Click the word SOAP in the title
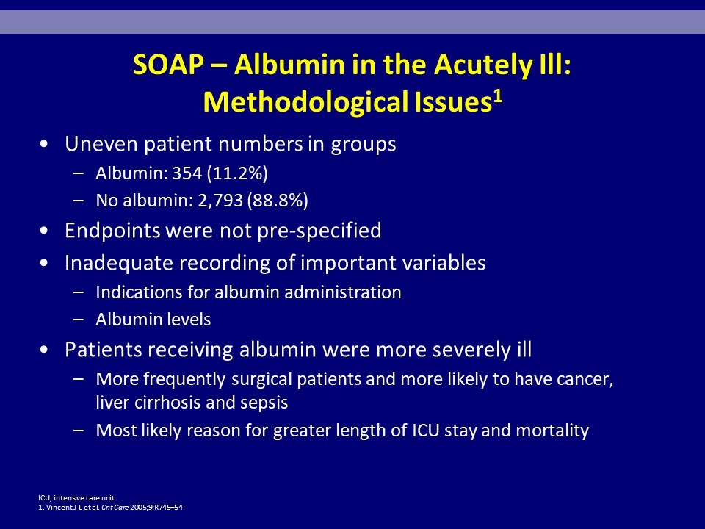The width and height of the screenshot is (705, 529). point(169,65)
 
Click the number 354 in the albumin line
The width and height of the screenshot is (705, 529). point(187,173)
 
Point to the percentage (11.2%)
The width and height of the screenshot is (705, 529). point(237,173)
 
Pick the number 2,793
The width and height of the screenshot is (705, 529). point(220,201)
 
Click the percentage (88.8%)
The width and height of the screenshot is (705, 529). point(278,201)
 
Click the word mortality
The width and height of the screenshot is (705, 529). point(552,431)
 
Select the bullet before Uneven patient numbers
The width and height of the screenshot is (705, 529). point(43,145)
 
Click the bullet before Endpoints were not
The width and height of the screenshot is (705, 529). point(43,231)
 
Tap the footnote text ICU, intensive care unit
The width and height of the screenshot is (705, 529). point(76,498)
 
